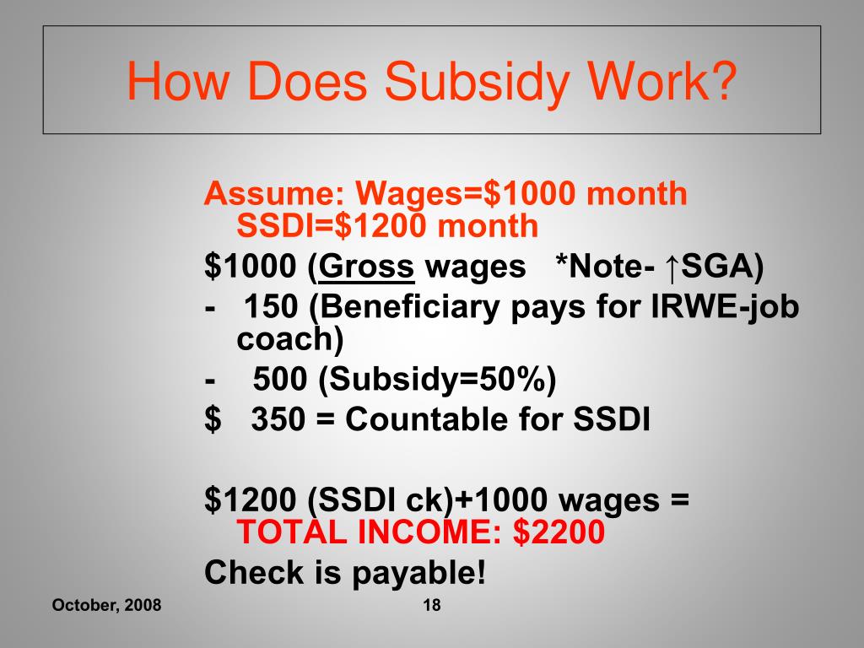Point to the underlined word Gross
(367, 268)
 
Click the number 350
(279, 419)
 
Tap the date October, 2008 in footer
(106, 606)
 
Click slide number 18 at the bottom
(430, 605)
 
